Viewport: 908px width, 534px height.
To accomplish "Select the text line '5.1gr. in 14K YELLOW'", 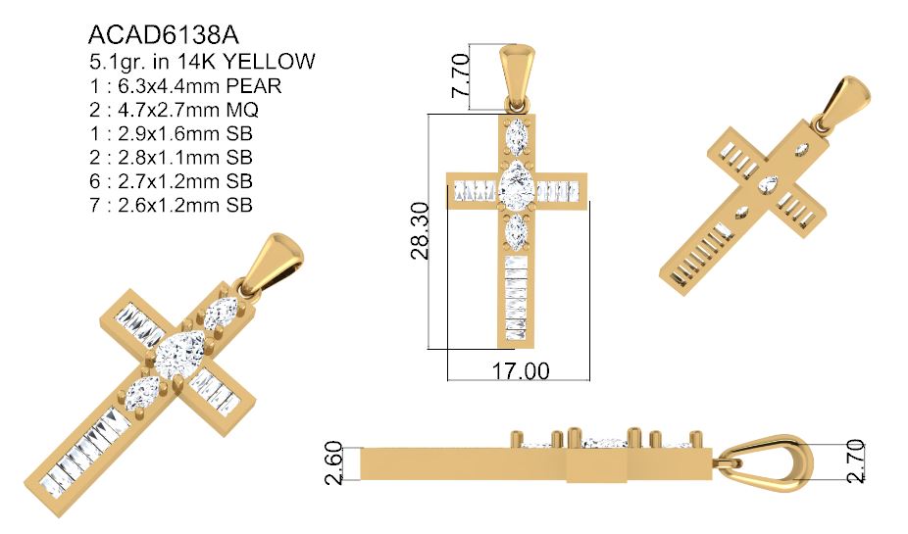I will pyautogui.click(x=201, y=62).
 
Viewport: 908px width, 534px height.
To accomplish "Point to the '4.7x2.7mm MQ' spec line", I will pyautogui.click(x=173, y=109).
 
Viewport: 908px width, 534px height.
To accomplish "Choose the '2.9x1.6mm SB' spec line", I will pyautogui.click(x=171, y=133).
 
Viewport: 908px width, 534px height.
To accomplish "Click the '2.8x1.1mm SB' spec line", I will pyautogui.click(x=171, y=157).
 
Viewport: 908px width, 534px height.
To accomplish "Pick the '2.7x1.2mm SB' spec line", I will pyautogui.click(x=171, y=181).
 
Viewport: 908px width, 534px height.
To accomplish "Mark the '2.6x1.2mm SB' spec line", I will pyautogui.click(x=171, y=205).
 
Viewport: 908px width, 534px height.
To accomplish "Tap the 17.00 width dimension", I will pyautogui.click(x=520, y=371).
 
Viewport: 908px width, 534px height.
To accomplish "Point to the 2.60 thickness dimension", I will pyautogui.click(x=333, y=461).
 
